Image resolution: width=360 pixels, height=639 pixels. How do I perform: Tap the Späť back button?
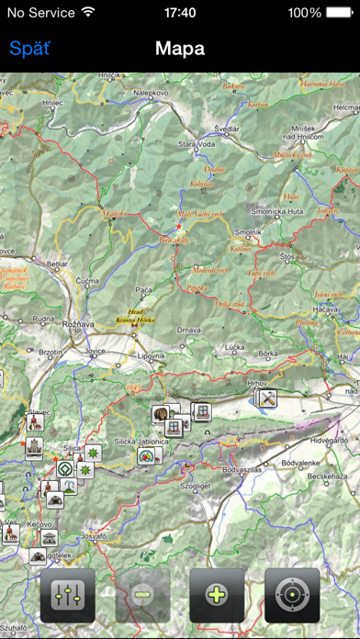29,49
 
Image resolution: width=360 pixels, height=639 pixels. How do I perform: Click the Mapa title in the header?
180,49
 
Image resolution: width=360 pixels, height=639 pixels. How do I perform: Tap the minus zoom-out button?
143,594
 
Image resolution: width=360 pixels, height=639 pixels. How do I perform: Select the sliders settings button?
68,594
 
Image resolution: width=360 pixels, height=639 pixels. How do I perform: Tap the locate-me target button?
292,594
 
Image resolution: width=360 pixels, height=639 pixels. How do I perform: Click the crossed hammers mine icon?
267,398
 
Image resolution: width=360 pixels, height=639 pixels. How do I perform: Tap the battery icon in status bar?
334,13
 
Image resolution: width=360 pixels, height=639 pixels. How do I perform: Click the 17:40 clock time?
180,13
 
